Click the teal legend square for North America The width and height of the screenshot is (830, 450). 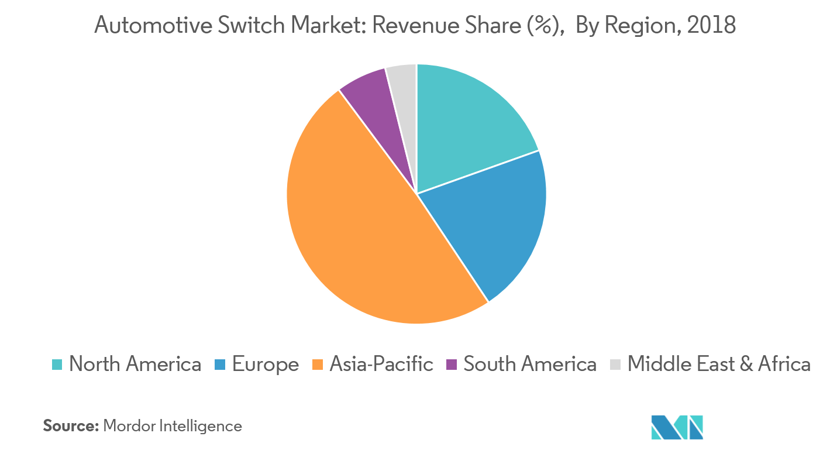(x=57, y=365)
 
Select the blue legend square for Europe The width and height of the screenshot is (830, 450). (x=220, y=365)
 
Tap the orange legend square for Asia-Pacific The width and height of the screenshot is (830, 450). (x=318, y=365)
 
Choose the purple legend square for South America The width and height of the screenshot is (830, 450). (x=451, y=365)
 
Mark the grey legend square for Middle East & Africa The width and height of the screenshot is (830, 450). (x=615, y=365)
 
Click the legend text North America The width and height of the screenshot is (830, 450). (x=135, y=365)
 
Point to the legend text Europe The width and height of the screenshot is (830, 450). (x=266, y=365)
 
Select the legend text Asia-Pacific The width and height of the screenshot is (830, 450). (x=381, y=365)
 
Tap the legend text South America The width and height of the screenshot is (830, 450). (x=530, y=365)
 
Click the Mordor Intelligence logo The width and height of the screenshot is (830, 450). (x=676, y=427)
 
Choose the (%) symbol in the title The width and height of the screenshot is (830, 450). (x=549, y=25)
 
